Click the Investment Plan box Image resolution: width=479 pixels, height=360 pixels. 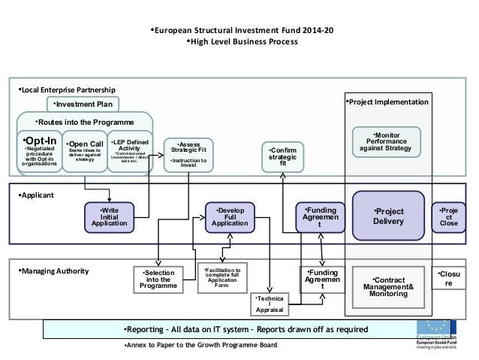click(x=83, y=104)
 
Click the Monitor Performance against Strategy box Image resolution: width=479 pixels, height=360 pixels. click(x=386, y=141)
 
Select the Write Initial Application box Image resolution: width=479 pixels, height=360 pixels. click(x=110, y=215)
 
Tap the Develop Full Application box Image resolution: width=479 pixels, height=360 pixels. click(x=230, y=215)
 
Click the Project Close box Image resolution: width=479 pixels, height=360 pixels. click(x=448, y=216)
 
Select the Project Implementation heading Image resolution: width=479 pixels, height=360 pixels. click(x=387, y=101)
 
